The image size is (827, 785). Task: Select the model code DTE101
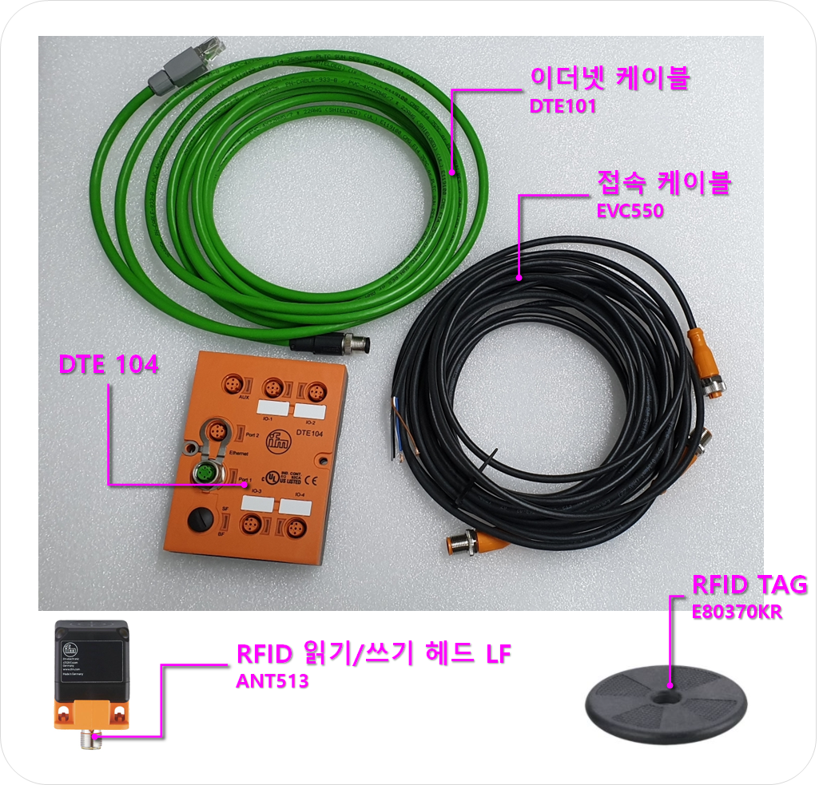(x=563, y=106)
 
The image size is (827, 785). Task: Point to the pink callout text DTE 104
(x=109, y=365)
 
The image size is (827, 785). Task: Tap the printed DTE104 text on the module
(x=308, y=432)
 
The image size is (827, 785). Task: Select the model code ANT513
(x=272, y=682)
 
